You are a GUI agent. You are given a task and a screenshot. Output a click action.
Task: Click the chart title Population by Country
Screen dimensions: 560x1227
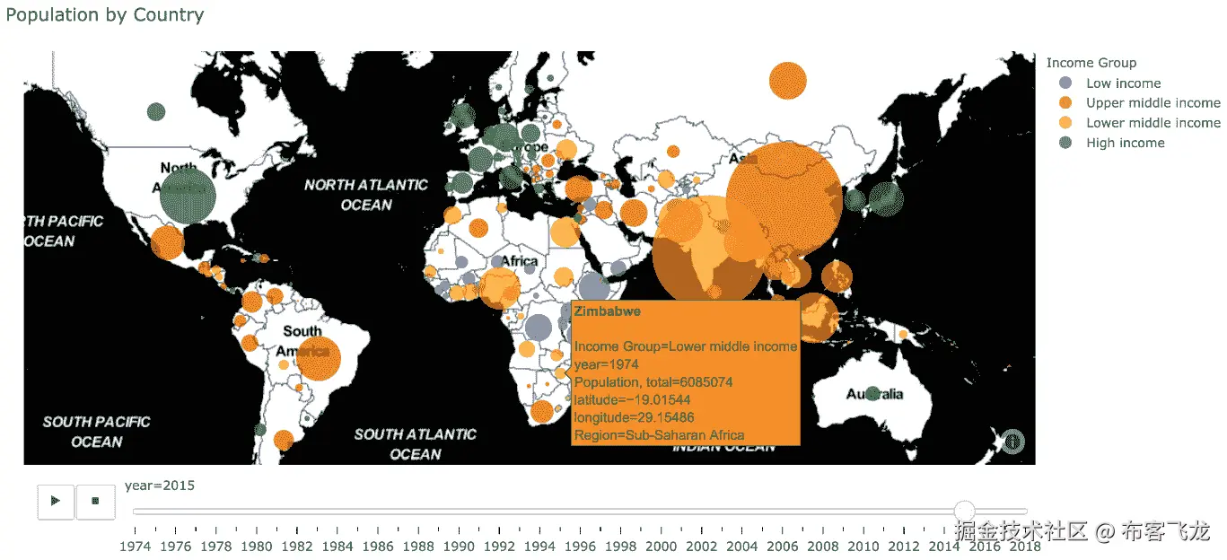pos(105,15)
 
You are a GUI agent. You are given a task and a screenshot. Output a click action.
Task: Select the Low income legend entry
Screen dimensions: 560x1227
pos(1123,83)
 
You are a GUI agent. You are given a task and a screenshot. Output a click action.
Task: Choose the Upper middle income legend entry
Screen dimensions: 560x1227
pos(1153,102)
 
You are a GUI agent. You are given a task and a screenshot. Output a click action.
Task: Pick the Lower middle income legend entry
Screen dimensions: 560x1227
pos(1153,122)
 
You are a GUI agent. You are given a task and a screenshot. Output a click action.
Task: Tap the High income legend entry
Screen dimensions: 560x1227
pos(1125,142)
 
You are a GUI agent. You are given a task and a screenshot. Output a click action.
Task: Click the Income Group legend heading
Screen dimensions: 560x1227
pos(1091,62)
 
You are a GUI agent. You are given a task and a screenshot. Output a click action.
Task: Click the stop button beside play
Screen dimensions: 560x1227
pos(95,501)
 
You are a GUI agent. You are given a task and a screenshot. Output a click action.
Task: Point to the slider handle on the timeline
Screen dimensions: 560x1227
pos(964,512)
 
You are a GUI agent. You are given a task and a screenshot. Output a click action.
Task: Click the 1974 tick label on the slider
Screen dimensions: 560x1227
pos(135,546)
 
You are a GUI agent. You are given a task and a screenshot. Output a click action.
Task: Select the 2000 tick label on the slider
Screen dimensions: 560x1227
pos(662,546)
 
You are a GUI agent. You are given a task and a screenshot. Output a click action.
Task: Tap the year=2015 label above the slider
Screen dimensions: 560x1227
pos(160,486)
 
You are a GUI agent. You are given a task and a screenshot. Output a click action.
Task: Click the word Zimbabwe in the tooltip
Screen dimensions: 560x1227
pos(601,311)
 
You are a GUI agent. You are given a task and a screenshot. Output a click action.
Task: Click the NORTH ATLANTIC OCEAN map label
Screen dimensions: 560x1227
pos(366,195)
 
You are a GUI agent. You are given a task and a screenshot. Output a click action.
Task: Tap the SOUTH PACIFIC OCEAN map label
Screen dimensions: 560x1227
pos(96,431)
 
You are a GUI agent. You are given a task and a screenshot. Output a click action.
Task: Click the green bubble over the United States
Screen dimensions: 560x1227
pos(188,197)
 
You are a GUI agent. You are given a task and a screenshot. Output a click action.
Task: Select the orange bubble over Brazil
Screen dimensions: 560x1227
pos(319,358)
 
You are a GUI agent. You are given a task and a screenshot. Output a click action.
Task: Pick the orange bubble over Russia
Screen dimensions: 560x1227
pos(787,81)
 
